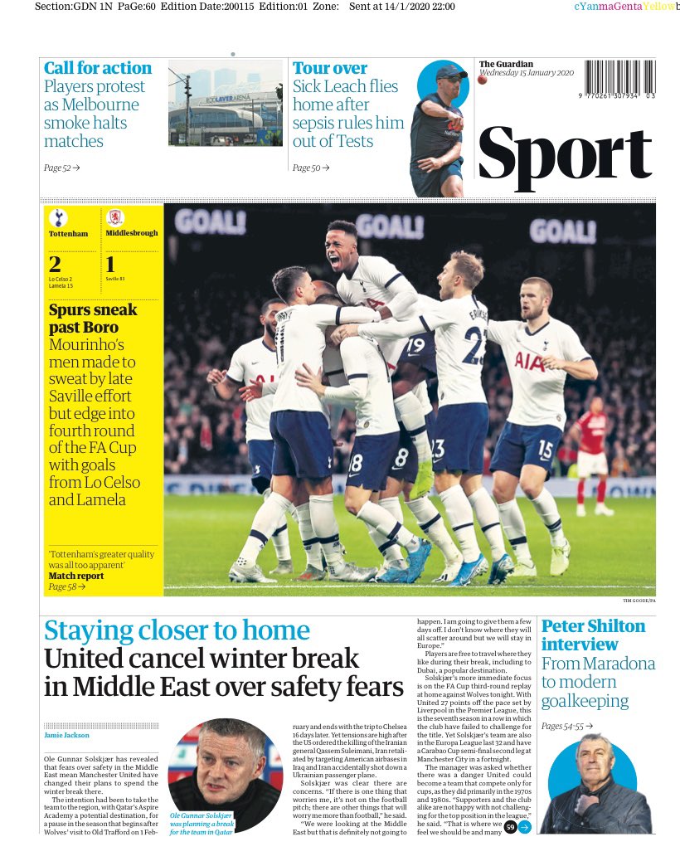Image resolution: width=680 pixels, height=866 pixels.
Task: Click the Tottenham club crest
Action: click(x=57, y=218)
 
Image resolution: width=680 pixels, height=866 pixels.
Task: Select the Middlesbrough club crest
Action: click(x=114, y=218)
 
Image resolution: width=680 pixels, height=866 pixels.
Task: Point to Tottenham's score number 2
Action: click(x=55, y=265)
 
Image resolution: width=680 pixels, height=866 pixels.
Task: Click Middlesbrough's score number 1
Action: click(x=110, y=265)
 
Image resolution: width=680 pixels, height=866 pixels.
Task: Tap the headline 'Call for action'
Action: click(x=98, y=68)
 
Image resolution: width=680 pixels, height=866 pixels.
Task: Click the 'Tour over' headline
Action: click(x=330, y=68)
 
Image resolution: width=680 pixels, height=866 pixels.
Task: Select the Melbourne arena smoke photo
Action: click(x=225, y=104)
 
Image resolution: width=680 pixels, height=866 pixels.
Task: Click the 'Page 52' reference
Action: click(x=61, y=168)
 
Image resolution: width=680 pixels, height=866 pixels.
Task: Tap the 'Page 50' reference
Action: click(x=310, y=168)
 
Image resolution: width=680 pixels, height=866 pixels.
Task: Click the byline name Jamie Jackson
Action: click(x=68, y=735)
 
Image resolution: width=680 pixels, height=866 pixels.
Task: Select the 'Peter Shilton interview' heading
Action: click(x=593, y=635)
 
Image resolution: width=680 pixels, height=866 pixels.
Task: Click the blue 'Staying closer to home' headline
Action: click(x=176, y=631)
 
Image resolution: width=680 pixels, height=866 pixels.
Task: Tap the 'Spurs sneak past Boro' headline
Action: click(x=93, y=319)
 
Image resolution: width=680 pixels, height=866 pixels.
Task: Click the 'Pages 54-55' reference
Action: click(x=566, y=726)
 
